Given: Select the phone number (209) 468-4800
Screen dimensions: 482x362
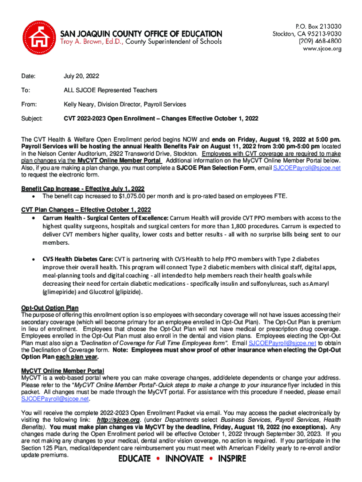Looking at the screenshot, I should (x=318, y=41).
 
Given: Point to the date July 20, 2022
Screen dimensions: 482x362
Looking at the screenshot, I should (x=81, y=76).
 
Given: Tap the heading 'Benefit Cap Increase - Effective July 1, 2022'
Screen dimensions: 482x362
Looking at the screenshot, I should (x=83, y=189).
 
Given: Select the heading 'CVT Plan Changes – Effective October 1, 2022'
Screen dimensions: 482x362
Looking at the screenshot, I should (x=86, y=209).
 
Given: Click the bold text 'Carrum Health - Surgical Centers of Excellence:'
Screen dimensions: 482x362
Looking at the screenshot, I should (x=105, y=218).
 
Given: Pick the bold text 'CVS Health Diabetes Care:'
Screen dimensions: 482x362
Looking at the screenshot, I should (x=78, y=259).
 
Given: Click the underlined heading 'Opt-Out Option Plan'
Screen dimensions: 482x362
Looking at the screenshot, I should (x=50, y=308).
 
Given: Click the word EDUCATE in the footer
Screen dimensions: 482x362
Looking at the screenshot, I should (x=134, y=458).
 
